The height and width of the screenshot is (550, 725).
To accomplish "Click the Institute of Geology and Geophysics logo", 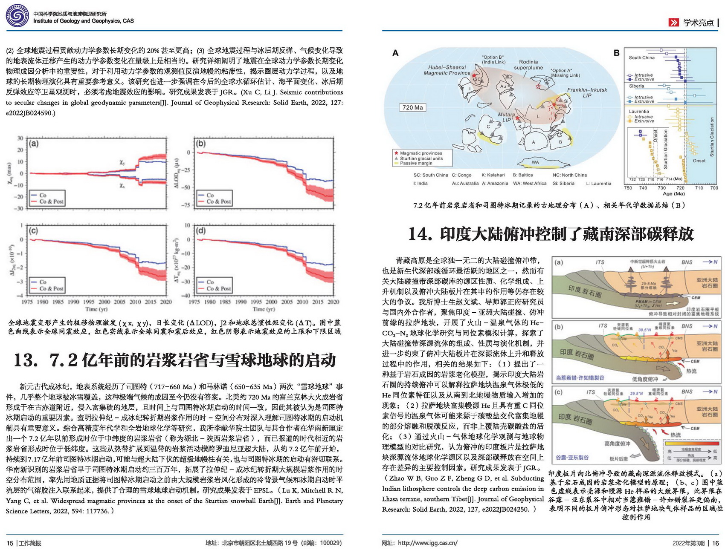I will coord(17,17).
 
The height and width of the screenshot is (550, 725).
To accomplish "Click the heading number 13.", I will coord(26,360).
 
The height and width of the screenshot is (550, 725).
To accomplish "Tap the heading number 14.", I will coord(420,234).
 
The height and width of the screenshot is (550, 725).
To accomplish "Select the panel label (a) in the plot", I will coord(33,144).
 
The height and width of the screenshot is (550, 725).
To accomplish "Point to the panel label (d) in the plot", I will coord(200,230).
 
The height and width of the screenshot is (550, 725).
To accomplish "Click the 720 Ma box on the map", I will coord(412,107).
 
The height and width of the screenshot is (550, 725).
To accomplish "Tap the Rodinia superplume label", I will coord(528,65).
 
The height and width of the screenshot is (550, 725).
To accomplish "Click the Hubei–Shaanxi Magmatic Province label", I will coord(447,70).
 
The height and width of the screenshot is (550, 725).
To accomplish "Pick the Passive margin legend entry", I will coord(416,163).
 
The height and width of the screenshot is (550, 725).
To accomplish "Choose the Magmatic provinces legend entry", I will coord(421,153).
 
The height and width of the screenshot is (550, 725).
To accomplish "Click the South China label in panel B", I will coord(641,58).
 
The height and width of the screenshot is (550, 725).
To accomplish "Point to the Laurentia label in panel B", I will coord(639,111).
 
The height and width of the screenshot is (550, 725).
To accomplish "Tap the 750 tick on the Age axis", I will coord(628,188).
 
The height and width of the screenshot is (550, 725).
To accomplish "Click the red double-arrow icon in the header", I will coord(673,23).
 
